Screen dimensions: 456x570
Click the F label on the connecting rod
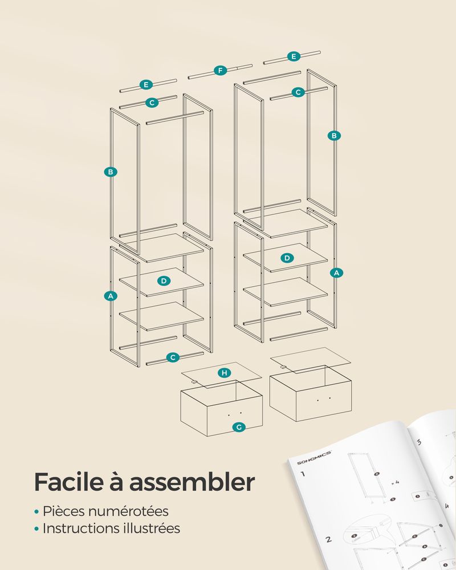coord(220,70)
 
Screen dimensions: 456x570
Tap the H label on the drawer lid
coord(225,373)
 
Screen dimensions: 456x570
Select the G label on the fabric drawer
coord(239,427)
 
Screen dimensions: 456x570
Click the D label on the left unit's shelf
coord(164,280)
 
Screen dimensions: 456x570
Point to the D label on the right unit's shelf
coord(287,258)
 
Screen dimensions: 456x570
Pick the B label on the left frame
coord(111,172)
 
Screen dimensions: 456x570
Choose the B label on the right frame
coord(334,136)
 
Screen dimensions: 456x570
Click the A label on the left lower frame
coord(111,296)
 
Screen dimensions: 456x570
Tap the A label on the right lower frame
coord(336,272)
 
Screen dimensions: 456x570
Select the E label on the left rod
coord(146,85)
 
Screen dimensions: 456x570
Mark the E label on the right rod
coord(294,56)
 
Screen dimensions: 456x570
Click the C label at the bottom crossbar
coord(173,357)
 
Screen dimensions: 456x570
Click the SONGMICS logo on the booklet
coord(314,458)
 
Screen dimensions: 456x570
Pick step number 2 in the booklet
coord(328,539)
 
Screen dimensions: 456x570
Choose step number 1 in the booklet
coord(303,474)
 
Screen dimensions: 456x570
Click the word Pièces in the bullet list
coord(64,511)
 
